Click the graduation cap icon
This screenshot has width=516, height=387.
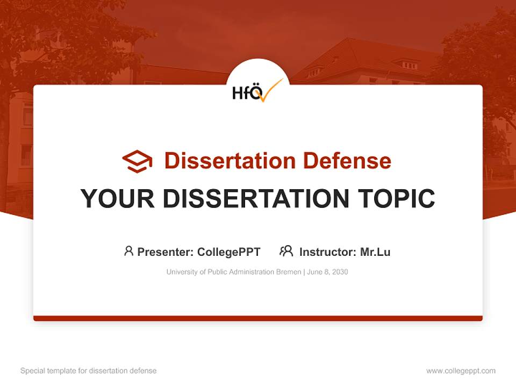[137, 161]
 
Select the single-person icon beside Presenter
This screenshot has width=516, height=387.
[128, 251]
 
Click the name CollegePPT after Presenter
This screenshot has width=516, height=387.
[228, 252]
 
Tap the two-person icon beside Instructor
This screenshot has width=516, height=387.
[286, 251]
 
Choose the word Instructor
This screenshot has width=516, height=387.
[327, 252]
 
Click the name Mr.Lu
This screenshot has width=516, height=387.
[375, 252]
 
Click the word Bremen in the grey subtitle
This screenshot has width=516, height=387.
[289, 272]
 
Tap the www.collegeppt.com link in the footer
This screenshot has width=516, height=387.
[461, 371]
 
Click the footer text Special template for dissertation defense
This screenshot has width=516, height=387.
[89, 371]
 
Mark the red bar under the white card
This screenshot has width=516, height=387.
[258, 318]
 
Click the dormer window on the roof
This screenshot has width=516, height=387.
[410, 65]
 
